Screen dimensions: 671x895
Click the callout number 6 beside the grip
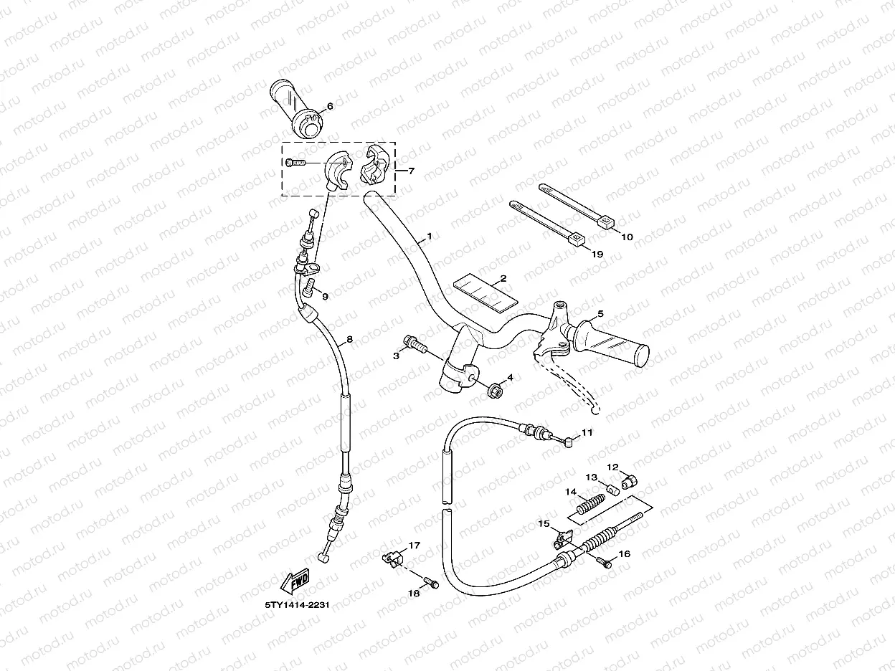click(x=330, y=107)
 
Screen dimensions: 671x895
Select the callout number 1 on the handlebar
click(x=430, y=237)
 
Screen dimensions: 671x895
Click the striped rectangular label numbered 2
click(x=486, y=292)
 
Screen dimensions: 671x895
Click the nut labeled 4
click(x=493, y=392)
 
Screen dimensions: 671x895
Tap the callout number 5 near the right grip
click(x=601, y=313)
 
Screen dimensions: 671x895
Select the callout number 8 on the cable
click(x=349, y=339)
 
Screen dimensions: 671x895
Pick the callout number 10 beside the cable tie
click(x=626, y=237)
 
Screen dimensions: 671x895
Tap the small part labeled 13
click(x=612, y=489)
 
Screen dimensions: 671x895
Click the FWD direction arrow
click(x=296, y=582)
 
